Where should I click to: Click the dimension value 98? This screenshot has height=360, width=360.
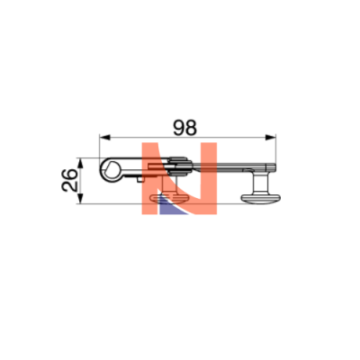pyautogui.click(x=185, y=128)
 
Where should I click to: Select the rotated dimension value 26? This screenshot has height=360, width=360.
pyautogui.click(x=69, y=180)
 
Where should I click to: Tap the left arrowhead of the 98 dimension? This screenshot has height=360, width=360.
pyautogui.click(x=105, y=137)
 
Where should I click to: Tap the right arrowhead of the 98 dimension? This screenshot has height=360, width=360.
pyautogui.click(x=271, y=137)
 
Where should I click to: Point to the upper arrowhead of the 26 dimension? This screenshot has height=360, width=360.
pyautogui.click(x=80, y=163)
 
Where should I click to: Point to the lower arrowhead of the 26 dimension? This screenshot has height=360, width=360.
pyautogui.click(x=80, y=199)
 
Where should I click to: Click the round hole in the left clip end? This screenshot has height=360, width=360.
pyautogui.click(x=111, y=168)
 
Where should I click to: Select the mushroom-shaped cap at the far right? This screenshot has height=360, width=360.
pyautogui.click(x=261, y=199)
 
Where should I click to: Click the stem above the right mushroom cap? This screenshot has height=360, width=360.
pyautogui.click(x=261, y=184)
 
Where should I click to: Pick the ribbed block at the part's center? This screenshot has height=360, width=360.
pyautogui.click(x=180, y=166)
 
